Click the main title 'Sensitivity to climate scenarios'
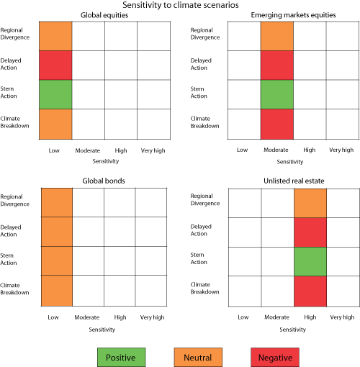click(x=180, y=5)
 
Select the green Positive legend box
click(x=122, y=356)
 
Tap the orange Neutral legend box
click(x=198, y=356)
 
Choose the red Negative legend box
click(x=275, y=356)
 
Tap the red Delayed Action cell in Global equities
click(x=56, y=65)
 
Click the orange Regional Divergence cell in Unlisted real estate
click(x=310, y=203)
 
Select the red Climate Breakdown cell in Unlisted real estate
click(x=310, y=289)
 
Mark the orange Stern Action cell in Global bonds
click(x=56, y=260)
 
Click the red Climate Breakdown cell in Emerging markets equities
click(x=277, y=123)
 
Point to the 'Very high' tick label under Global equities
click(x=151, y=150)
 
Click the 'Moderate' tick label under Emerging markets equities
click(x=277, y=150)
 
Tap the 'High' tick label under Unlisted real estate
click(x=310, y=317)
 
